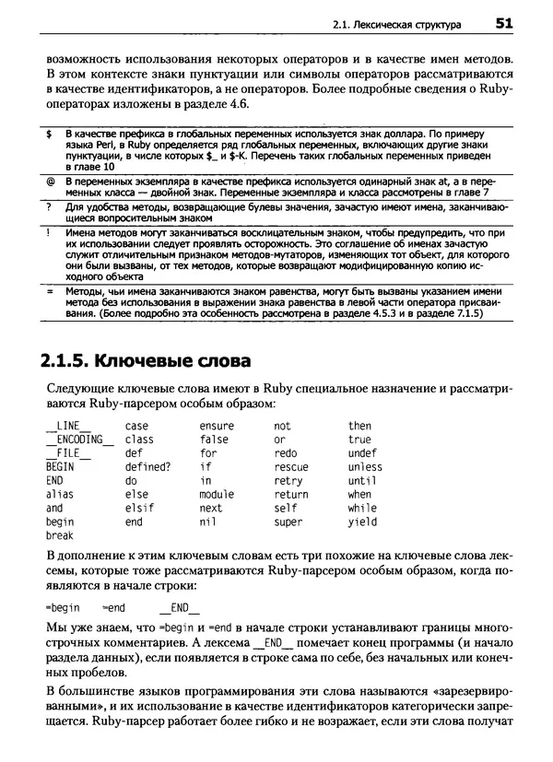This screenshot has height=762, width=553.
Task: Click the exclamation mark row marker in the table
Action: (48, 234)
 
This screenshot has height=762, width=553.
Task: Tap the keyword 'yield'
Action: (362, 522)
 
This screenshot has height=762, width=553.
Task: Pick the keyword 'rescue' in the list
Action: (291, 466)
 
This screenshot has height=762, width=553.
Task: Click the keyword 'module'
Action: (217, 494)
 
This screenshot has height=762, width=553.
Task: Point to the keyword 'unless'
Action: (365, 466)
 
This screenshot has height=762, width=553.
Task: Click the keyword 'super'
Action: (288, 522)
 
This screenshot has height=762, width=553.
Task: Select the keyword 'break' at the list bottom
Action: (59, 535)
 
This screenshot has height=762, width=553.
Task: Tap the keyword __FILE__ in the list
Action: (67, 453)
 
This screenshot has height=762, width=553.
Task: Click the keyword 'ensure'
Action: (217, 426)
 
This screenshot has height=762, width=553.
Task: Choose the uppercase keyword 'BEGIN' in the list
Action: (59, 466)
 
